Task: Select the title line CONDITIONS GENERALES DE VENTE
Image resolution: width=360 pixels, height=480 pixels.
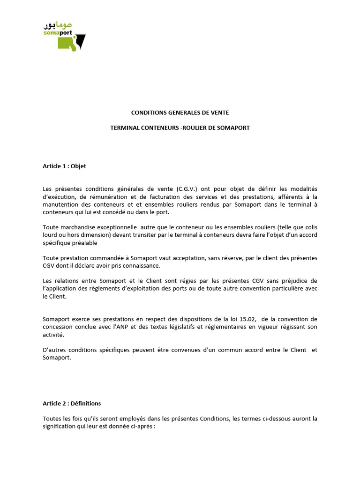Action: tap(180, 113)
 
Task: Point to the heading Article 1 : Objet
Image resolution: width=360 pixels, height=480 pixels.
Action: tap(64, 166)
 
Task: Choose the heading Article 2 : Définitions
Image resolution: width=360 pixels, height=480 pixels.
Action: tap(72, 403)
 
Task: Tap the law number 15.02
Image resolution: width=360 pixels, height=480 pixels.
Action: tap(247, 320)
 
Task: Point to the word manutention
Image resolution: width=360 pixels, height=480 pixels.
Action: tap(60, 204)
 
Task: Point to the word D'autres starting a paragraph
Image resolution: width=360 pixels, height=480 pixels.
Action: tap(54, 350)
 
